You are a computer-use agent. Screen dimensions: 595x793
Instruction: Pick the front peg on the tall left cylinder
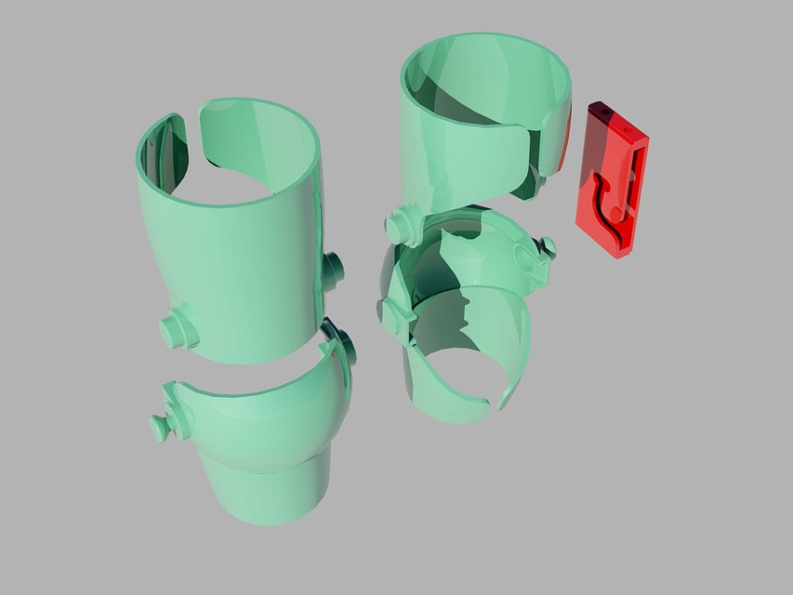click(178, 329)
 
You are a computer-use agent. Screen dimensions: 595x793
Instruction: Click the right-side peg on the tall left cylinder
click(332, 270)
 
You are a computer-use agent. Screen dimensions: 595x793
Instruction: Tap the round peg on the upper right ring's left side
click(402, 227)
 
